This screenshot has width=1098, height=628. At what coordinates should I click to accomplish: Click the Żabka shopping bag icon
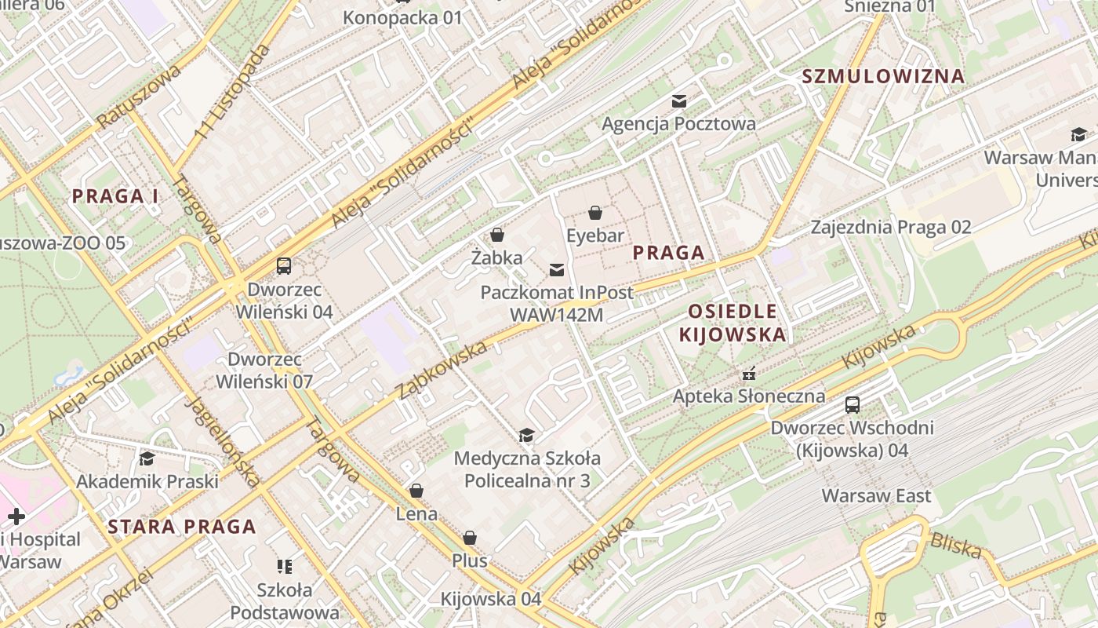pos(496,235)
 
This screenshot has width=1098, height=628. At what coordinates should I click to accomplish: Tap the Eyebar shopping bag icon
pos(595,213)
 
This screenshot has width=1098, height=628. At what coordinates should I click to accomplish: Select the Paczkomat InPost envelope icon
pos(557,271)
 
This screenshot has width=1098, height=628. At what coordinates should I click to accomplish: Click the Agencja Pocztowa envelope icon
pos(678,101)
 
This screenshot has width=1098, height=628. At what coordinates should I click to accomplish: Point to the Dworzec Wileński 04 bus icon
pos(284,266)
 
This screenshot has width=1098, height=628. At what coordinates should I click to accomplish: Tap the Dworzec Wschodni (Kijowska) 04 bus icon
pos(853,405)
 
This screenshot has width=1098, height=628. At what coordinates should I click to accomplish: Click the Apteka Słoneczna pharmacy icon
pos(749,373)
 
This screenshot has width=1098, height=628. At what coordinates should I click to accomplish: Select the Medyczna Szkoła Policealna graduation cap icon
pos(526,435)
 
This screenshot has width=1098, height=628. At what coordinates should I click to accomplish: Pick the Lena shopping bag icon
pos(416,491)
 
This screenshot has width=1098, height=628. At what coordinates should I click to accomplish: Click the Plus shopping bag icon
pos(469,538)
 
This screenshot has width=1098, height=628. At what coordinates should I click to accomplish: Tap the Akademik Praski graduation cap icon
pos(147,458)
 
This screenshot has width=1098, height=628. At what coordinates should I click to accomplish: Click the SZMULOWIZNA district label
pos(882,76)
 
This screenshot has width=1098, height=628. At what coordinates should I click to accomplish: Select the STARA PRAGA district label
pos(182,527)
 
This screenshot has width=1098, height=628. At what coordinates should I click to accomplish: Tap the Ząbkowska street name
pos(442,370)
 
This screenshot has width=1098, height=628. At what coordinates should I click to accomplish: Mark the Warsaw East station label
pos(876,495)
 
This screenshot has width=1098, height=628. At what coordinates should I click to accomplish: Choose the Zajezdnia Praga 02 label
pos(891,228)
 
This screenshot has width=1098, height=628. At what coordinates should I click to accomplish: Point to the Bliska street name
pos(955,546)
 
